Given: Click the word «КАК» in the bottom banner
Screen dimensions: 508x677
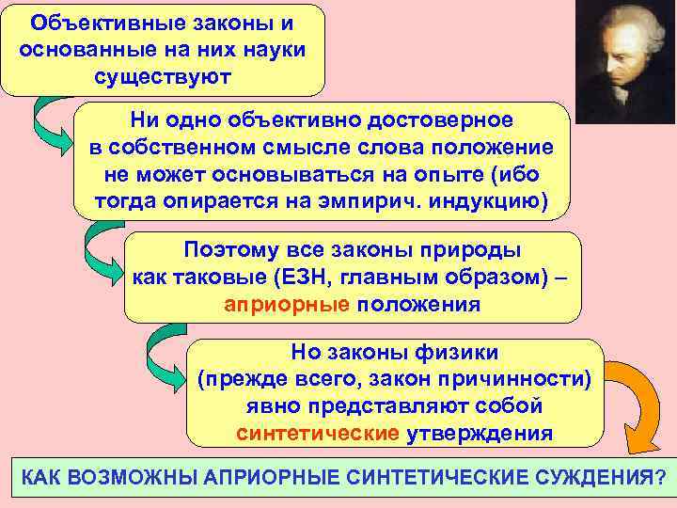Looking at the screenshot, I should (x=43, y=476).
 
